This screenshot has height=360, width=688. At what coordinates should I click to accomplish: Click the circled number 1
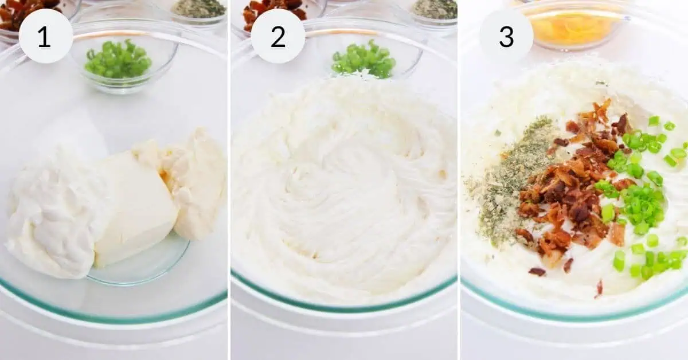[x=45, y=36]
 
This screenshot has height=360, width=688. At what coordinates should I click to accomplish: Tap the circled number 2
[x=277, y=36]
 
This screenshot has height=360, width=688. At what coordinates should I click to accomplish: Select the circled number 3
[x=506, y=36]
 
